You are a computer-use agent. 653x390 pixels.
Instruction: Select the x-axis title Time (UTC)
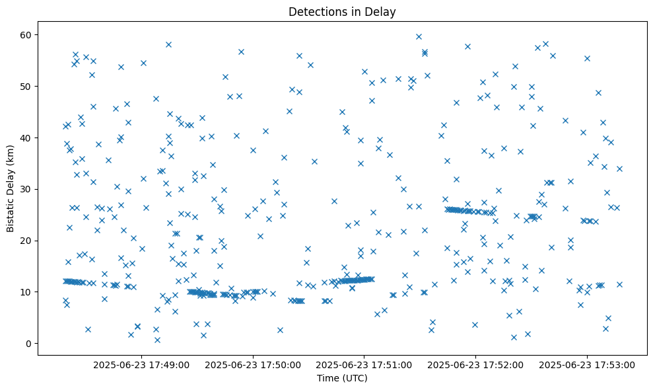342,378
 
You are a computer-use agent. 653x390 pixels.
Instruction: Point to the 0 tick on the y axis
28,344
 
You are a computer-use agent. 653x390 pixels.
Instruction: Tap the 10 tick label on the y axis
26,292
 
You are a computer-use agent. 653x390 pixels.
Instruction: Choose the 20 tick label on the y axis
26,241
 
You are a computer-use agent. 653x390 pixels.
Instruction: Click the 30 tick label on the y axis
26,189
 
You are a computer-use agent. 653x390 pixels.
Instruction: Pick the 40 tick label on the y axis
26,137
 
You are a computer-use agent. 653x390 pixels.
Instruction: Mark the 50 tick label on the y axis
26,86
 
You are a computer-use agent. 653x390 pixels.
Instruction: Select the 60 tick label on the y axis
26,34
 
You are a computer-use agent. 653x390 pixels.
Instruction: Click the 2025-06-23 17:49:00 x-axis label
141,364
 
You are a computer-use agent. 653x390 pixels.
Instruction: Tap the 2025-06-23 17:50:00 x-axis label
253,364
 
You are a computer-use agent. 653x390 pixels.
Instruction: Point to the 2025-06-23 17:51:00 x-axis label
364,364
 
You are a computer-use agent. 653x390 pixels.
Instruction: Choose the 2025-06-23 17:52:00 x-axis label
476,364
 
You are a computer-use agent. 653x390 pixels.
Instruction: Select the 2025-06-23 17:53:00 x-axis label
588,364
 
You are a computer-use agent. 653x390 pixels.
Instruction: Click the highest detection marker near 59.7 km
419,36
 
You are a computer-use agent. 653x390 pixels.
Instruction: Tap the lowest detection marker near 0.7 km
157,340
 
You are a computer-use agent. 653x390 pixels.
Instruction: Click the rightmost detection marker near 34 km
619,169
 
